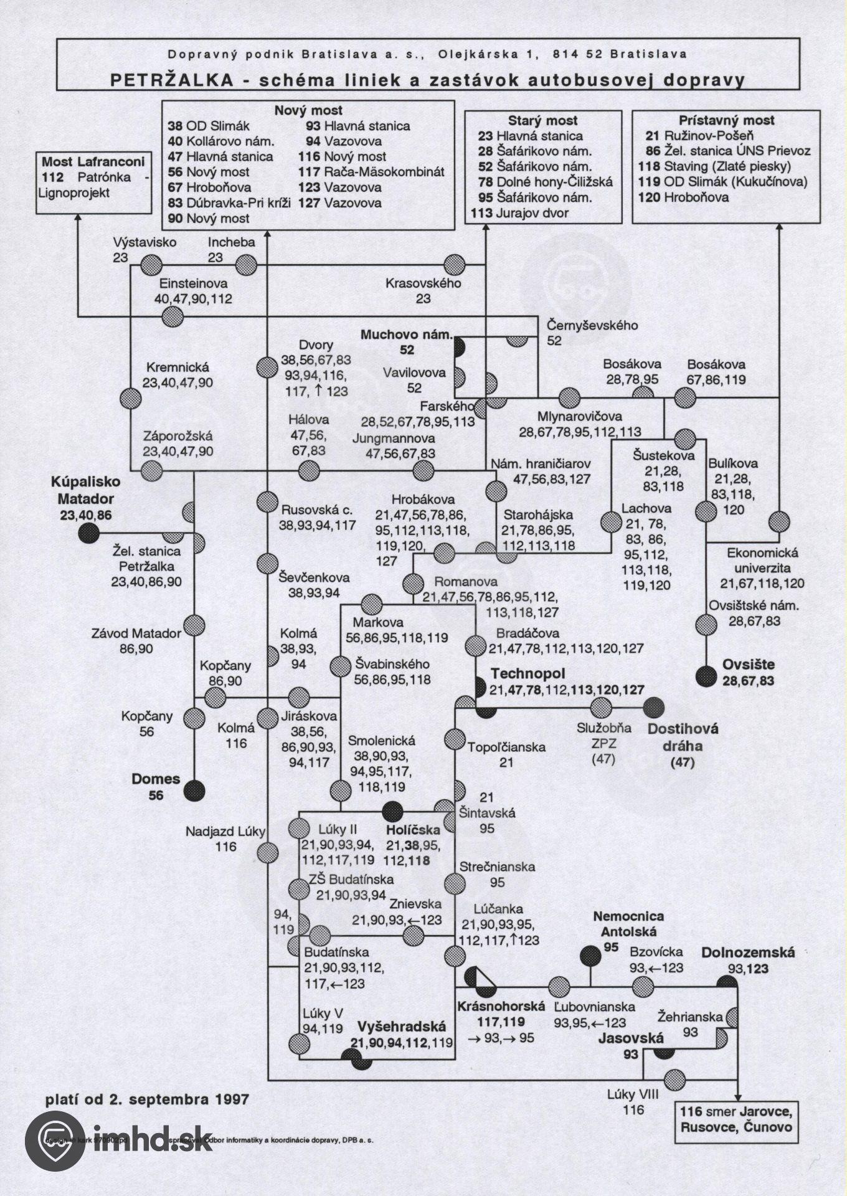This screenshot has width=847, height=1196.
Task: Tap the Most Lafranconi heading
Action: tap(93, 162)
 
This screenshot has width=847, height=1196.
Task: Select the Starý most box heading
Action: tap(542, 121)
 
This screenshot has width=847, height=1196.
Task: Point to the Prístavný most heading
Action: tap(726, 120)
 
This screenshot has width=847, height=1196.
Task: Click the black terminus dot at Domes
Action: tap(194, 790)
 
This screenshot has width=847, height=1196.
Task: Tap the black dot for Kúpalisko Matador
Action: tap(89, 533)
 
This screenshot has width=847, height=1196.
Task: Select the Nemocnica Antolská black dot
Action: tap(590, 956)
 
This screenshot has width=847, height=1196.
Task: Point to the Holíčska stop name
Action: tap(413, 830)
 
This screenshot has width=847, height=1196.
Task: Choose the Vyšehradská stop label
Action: tap(401, 1027)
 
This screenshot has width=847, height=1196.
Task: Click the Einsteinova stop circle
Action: tap(173, 317)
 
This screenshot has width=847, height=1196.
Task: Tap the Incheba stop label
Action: tap(231, 242)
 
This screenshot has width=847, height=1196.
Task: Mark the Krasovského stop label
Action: tap(423, 283)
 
